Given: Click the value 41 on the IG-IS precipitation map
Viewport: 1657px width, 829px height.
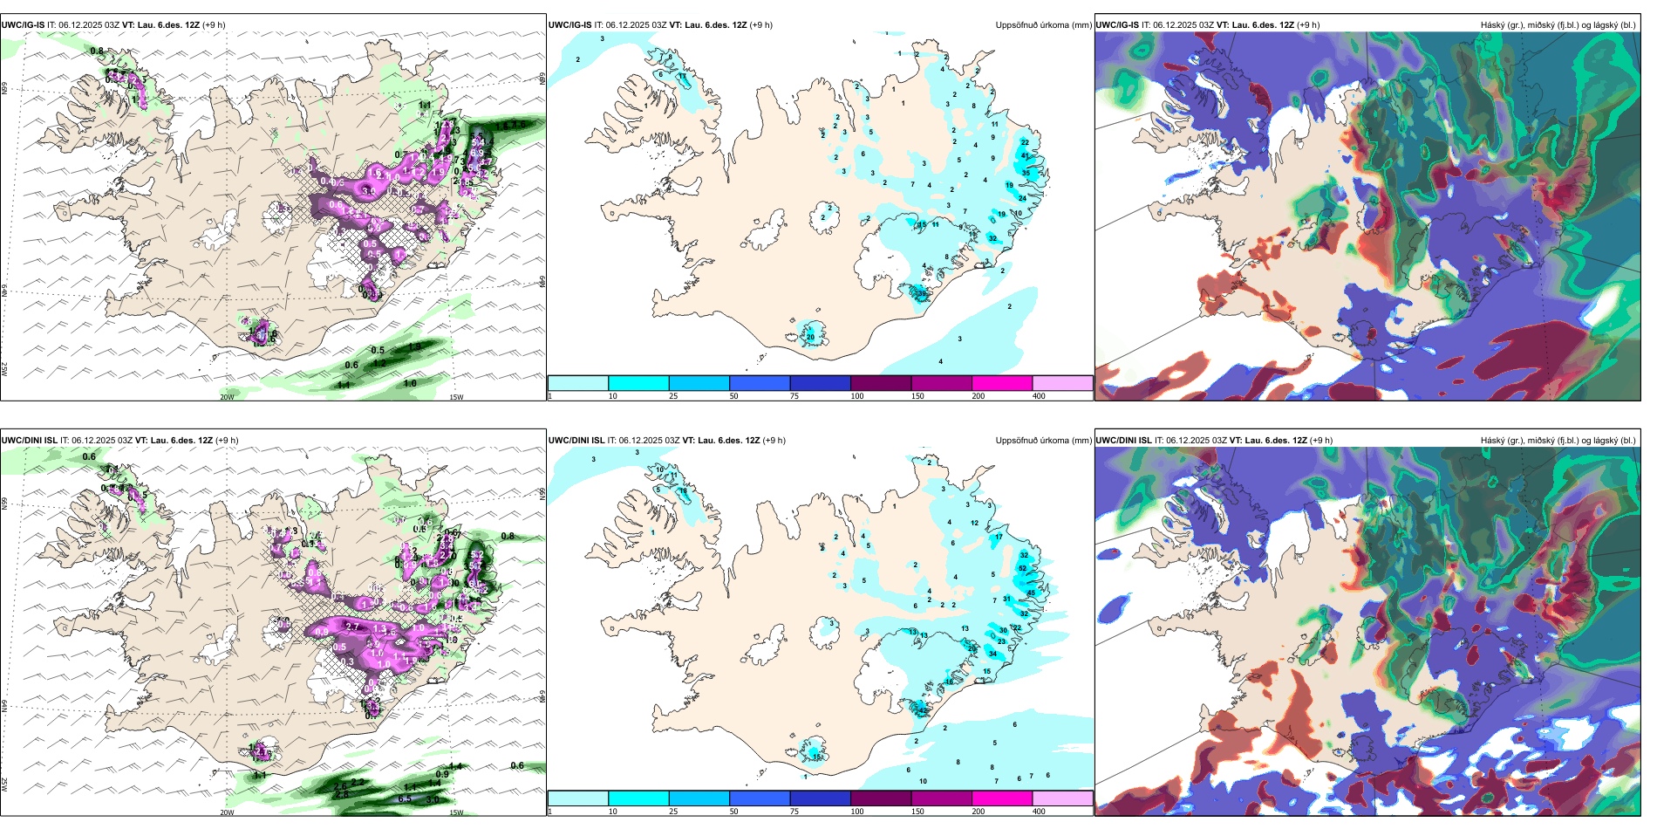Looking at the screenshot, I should click(x=1026, y=155).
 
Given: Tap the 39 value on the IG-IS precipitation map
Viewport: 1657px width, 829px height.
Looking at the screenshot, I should click(x=921, y=294).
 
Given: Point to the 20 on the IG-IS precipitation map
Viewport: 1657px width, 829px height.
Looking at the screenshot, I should click(x=810, y=337).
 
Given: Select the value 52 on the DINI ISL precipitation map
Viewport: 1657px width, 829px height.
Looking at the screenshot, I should click(x=1022, y=568).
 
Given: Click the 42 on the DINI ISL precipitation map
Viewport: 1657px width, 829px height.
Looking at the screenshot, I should click(x=922, y=710).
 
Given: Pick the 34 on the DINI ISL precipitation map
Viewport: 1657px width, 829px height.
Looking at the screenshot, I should click(x=992, y=654).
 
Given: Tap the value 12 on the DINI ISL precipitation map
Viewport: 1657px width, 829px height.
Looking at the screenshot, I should click(x=974, y=523).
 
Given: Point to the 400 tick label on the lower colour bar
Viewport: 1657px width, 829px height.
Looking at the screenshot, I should click(x=1039, y=812).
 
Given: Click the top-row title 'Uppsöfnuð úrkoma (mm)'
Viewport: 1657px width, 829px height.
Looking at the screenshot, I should click(x=1043, y=25).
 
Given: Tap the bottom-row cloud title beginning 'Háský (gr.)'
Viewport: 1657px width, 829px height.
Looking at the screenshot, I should click(x=1558, y=441).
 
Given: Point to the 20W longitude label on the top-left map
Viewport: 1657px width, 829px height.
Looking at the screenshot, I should click(x=227, y=397).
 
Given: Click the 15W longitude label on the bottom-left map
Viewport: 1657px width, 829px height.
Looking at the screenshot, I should click(x=455, y=812).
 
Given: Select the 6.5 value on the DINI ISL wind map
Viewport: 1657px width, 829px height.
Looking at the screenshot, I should click(x=405, y=798).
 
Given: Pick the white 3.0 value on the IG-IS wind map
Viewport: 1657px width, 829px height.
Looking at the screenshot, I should click(x=369, y=190).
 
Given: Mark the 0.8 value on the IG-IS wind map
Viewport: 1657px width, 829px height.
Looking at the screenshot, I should click(x=97, y=51).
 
